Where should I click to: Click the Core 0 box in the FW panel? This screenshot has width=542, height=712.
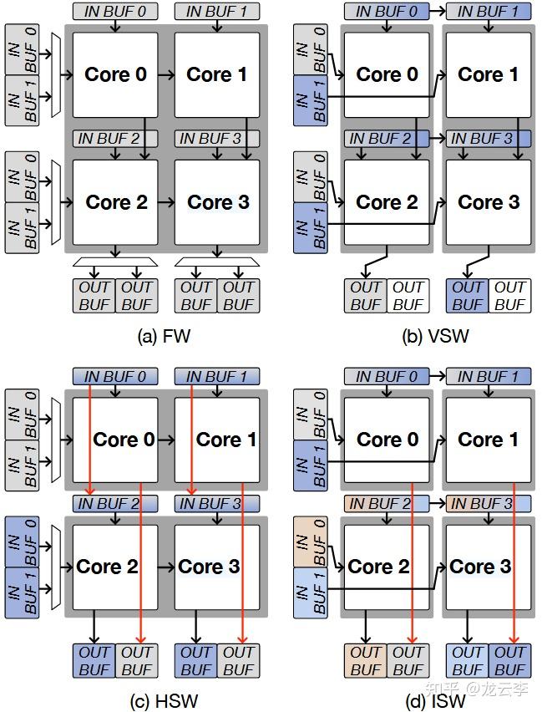(x=115, y=75)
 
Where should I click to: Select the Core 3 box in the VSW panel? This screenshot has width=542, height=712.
(x=488, y=202)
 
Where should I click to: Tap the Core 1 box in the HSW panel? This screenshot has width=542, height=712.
(x=217, y=440)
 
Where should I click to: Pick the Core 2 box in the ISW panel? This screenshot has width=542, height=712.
(x=386, y=567)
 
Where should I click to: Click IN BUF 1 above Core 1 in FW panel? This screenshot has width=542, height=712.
(x=217, y=12)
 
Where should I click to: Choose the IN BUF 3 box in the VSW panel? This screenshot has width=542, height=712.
(x=489, y=139)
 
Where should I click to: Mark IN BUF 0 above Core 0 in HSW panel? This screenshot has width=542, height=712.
(x=115, y=377)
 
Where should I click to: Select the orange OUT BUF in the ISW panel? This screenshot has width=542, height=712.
(x=365, y=660)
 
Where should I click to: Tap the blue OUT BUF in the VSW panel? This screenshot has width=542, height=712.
(x=467, y=296)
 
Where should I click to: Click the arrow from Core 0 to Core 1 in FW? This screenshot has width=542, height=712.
(x=166, y=75)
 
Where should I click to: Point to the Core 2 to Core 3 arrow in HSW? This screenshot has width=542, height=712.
(x=166, y=567)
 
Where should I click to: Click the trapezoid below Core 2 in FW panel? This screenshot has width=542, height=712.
(x=115, y=262)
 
